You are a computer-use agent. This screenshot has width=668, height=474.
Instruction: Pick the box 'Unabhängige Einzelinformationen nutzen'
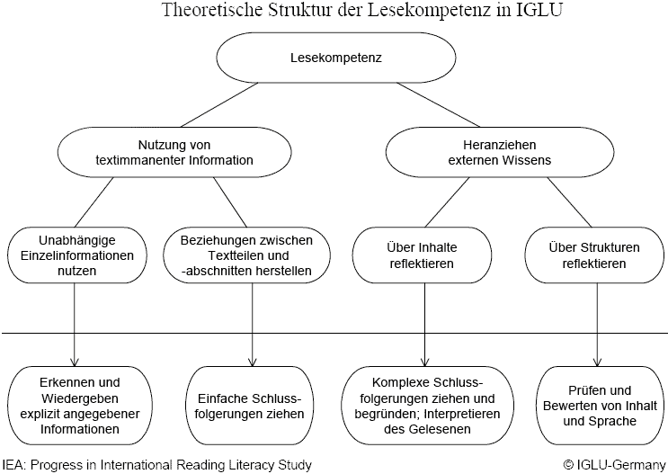pyautogui.click(x=74, y=255)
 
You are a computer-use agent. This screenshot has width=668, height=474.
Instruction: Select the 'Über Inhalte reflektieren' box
pyautogui.click(x=423, y=255)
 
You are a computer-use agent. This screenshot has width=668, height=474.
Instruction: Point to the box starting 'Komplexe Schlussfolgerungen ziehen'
pyautogui.click(x=423, y=405)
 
